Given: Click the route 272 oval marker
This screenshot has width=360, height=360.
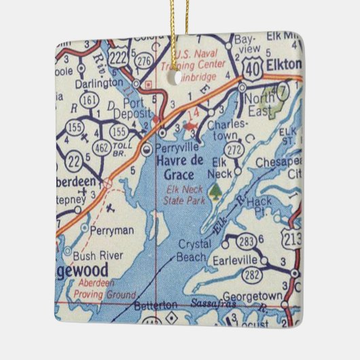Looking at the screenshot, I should (x=236, y=148).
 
